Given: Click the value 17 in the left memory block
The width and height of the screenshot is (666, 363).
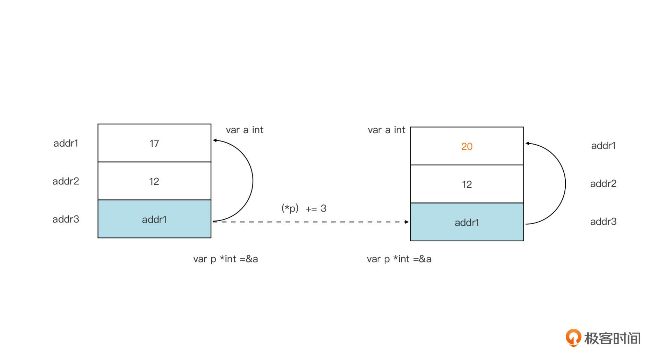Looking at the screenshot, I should [x=154, y=143].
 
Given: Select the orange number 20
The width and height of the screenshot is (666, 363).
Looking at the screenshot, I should [x=467, y=146].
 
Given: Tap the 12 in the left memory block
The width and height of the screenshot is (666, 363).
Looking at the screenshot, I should [x=154, y=181].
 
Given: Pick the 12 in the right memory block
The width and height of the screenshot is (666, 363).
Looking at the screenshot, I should [x=467, y=184].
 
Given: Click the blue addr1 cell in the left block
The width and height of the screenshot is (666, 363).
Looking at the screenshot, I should [x=154, y=219].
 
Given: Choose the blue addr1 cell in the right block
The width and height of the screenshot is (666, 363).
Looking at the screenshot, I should [x=467, y=222].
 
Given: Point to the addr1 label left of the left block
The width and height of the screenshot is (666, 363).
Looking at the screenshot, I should [x=66, y=143].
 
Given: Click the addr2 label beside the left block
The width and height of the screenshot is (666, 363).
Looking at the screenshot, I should [x=66, y=181].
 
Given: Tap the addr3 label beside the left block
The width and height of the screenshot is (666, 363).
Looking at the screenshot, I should [x=66, y=219].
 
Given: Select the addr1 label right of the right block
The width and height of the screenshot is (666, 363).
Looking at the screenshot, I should [x=603, y=146].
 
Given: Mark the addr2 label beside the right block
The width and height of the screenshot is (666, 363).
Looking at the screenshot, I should [x=603, y=183].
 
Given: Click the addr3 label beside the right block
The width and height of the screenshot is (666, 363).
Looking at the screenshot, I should [x=603, y=222].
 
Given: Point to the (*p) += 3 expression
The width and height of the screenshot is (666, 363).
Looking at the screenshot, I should [x=304, y=208].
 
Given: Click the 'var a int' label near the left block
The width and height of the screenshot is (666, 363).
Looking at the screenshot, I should [x=244, y=130].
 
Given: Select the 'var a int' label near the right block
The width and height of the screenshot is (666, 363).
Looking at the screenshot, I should [x=386, y=130].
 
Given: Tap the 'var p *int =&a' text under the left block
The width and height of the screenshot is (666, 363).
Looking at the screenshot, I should [x=225, y=259].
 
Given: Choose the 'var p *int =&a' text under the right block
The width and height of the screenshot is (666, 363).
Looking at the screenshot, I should [x=399, y=259].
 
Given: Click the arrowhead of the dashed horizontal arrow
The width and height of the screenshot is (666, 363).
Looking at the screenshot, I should [x=407, y=222].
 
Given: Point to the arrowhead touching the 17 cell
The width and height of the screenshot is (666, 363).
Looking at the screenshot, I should [x=215, y=140].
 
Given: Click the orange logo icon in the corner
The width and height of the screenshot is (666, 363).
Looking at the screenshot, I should [x=573, y=337].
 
